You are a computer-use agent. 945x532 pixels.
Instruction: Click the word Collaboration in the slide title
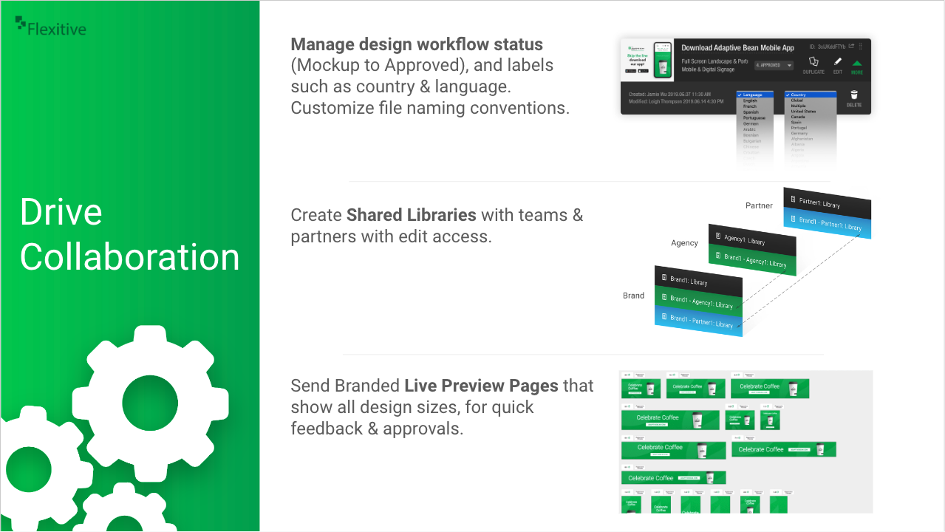pos(130,257)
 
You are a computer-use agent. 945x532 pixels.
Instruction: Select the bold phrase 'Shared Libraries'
pos(412,215)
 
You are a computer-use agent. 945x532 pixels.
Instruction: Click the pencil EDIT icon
pos(837,63)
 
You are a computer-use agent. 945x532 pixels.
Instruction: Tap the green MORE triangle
pos(857,64)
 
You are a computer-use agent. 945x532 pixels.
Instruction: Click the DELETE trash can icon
pos(854,95)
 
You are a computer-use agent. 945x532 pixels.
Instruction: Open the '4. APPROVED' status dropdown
pos(774,65)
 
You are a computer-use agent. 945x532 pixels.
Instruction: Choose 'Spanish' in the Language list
pos(751,112)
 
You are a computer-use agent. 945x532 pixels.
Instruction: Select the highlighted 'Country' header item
pos(810,95)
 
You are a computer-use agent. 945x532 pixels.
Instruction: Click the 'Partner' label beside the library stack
pos(759,205)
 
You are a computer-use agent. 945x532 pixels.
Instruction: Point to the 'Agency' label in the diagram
pos(684,242)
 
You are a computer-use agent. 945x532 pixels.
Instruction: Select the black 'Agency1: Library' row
pos(752,240)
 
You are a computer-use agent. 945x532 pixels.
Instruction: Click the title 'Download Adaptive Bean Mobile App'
pos(737,48)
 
